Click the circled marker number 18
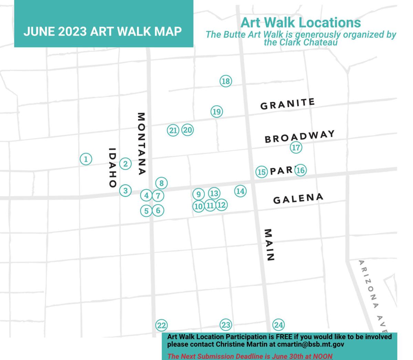click(x=225, y=81)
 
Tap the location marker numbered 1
click(x=86, y=159)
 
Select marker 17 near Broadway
click(x=296, y=148)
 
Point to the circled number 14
click(x=240, y=191)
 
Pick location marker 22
click(x=161, y=325)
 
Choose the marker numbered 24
click(x=278, y=325)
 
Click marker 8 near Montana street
click(x=161, y=183)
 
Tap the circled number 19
click(x=216, y=112)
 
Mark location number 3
click(x=126, y=190)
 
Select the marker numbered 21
click(x=173, y=130)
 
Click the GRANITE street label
click(x=287, y=104)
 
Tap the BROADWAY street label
click(x=299, y=136)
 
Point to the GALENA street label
click(x=298, y=198)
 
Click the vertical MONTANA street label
click(x=141, y=144)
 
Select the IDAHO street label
click(x=112, y=167)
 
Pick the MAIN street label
click(x=269, y=245)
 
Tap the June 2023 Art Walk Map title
click(x=103, y=31)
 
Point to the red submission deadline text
click(x=250, y=356)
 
